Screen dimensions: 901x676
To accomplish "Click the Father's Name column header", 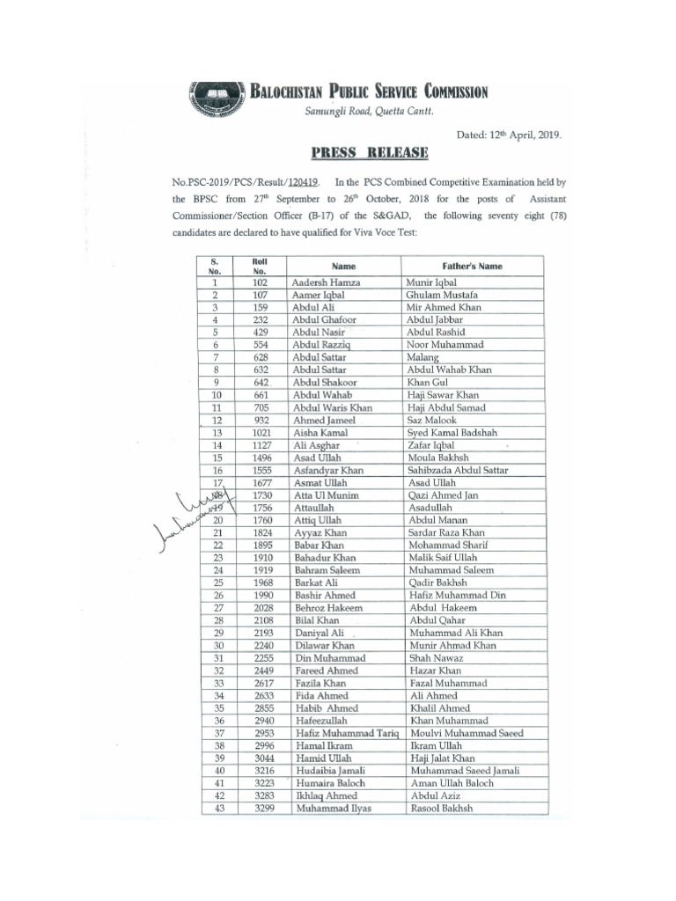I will tap(472, 265).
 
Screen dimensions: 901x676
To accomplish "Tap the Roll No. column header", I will tap(259, 266).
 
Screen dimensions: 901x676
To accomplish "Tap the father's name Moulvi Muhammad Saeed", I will tap(466, 733).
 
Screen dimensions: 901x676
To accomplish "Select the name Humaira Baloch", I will tap(329, 783).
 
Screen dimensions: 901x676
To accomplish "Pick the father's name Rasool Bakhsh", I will tap(440, 808).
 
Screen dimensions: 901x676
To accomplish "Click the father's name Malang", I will tap(424, 358).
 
